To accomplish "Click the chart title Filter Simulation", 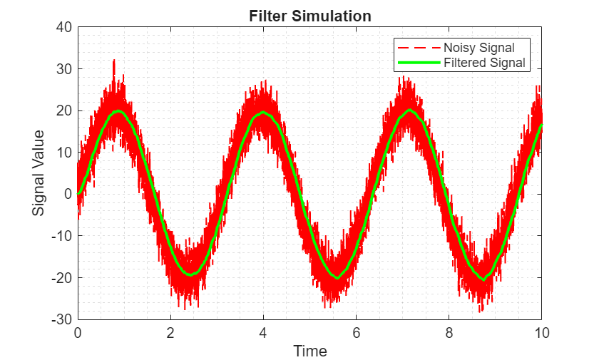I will [310, 16].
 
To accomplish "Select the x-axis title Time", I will [310, 351].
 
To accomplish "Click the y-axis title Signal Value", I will [39, 173].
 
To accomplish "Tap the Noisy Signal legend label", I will [478, 48].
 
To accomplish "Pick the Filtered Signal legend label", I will [484, 63].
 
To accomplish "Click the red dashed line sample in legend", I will [419, 48].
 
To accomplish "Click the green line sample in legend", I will [419, 63].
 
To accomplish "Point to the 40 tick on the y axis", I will [64, 27].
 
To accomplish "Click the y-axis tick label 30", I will [64, 69].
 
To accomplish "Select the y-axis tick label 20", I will [64, 110].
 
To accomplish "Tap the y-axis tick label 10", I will [64, 153].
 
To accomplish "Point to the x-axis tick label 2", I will [170, 332].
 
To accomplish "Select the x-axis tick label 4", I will [263, 332].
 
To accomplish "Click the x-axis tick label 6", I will [356, 332].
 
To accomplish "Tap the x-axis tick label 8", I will [449, 332].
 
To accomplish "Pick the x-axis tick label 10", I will [541, 332].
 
